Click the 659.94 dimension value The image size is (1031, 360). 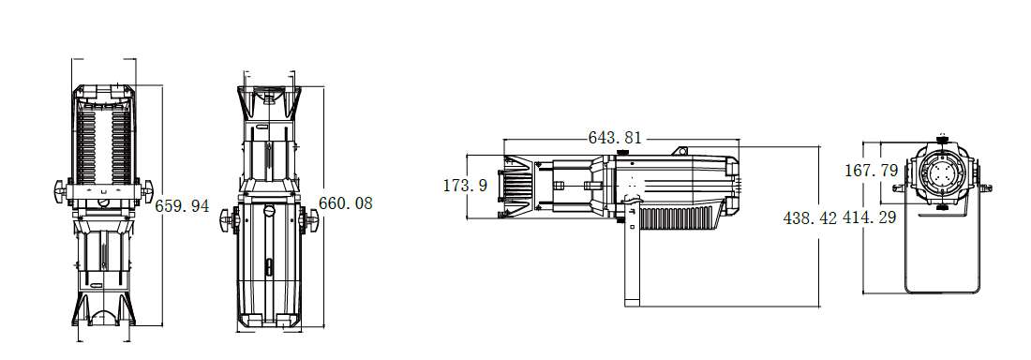182,206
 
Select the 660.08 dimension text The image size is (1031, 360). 346,203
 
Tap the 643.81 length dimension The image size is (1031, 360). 615,138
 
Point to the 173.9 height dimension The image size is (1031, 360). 466,186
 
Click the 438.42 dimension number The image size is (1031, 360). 811,217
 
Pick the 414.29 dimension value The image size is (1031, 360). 870,217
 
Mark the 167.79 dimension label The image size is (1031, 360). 872,171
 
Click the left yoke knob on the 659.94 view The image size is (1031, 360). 61,191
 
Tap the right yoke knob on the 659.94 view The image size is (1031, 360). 146,191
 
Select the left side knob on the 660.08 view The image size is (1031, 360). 228,219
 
